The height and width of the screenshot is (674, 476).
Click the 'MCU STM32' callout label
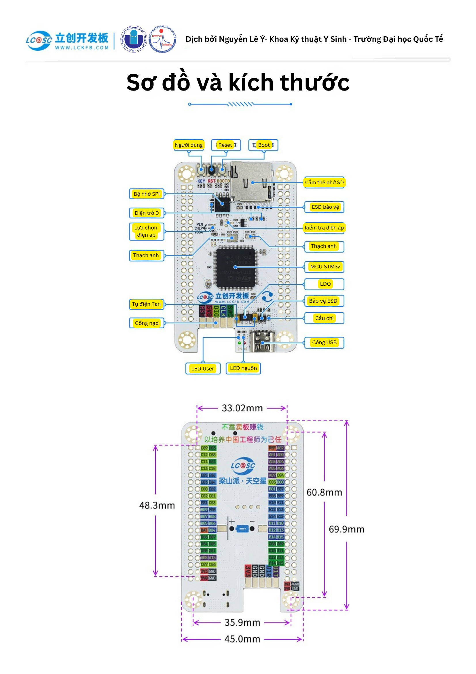pyautogui.click(x=325, y=267)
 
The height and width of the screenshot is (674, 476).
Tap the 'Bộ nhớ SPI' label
pyautogui.click(x=147, y=194)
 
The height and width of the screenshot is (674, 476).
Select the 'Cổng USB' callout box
pyautogui.click(x=324, y=342)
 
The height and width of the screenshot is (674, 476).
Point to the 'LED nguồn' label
pyautogui.click(x=243, y=368)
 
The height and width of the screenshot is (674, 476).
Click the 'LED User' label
pyautogui.click(x=202, y=368)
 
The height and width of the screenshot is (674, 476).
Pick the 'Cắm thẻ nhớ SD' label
pyautogui.click(x=324, y=182)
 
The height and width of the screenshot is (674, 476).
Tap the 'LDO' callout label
pyautogui.click(x=325, y=284)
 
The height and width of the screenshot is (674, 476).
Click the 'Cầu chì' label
pyautogui.click(x=324, y=318)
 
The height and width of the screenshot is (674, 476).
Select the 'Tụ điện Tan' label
pyautogui.click(x=146, y=304)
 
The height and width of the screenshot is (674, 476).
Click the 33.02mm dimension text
pyautogui.click(x=242, y=408)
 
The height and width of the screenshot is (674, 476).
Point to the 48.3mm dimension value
pyautogui.click(x=157, y=505)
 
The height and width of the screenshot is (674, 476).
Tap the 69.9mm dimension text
pyautogui.click(x=346, y=529)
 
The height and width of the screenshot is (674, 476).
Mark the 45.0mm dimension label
pyautogui.click(x=242, y=639)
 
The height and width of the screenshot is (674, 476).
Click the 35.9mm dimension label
pyautogui.click(x=242, y=622)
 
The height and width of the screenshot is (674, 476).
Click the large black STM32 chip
pyautogui.click(x=235, y=267)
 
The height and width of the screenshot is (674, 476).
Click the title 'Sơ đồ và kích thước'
pyautogui.click(x=238, y=82)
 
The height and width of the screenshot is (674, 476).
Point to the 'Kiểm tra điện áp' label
pyautogui.click(x=324, y=228)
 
